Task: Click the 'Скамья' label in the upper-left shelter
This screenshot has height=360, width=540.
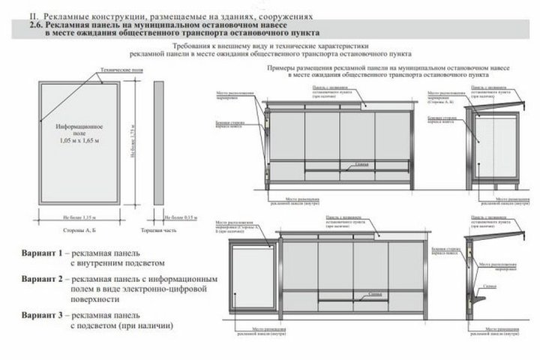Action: (361, 163)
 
